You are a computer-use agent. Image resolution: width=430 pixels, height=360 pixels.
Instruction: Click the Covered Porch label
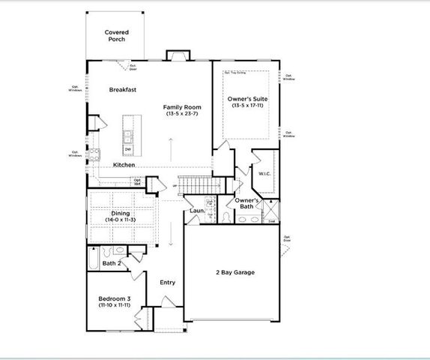point(116,35)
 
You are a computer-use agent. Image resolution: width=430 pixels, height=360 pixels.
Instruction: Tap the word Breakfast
point(121,89)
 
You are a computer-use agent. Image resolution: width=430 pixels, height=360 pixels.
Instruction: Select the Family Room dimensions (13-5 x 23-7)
point(183,114)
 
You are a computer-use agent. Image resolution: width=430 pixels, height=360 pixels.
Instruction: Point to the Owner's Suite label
point(247,99)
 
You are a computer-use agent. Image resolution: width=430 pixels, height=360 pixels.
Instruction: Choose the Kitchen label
point(124,165)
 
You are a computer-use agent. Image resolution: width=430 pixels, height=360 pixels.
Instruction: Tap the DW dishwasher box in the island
point(128,149)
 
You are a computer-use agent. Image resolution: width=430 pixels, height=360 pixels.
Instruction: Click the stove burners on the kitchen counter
point(94,155)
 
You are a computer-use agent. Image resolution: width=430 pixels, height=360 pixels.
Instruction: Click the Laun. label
point(197,211)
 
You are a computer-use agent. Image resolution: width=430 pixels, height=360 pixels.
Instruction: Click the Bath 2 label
point(111,263)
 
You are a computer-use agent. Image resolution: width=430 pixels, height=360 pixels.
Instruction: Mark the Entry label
point(168,283)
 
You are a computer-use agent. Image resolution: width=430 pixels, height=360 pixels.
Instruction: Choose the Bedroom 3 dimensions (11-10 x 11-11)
point(115,305)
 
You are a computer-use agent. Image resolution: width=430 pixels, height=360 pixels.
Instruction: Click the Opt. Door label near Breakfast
point(133,67)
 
